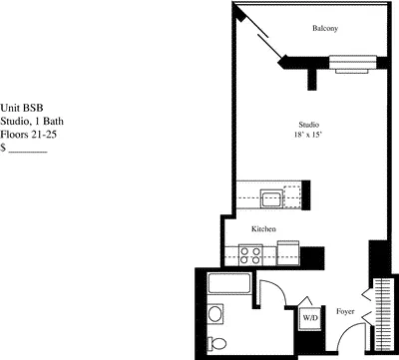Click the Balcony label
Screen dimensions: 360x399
click(324, 29)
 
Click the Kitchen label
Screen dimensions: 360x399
click(263, 229)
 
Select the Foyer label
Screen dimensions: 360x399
click(346, 310)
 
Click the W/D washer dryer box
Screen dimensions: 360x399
click(310, 320)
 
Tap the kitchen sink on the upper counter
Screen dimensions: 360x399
click(271, 197)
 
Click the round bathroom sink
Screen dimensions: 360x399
click(215, 318)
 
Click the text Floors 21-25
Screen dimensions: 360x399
click(28, 133)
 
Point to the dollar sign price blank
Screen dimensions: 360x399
click(24, 148)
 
